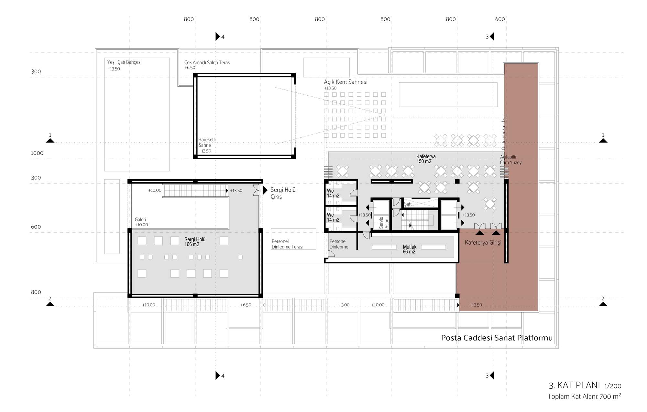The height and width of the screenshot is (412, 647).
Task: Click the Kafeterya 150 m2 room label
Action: pos(426,159)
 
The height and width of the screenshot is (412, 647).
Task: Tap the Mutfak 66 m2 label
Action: pos(410,249)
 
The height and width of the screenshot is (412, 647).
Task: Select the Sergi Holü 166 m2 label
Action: pos(195,242)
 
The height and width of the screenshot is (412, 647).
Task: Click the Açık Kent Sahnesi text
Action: pos(345,82)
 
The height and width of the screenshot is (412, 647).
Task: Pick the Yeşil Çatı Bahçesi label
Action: pos(124,62)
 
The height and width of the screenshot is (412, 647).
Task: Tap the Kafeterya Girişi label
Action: pos(483,243)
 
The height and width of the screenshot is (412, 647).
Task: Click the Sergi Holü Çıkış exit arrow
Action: pos(265,190)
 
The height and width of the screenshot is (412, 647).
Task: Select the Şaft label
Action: pos(408,204)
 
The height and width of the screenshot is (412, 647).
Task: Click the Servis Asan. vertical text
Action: pos(384,223)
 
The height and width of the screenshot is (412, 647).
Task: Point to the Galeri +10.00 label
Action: pos(141,222)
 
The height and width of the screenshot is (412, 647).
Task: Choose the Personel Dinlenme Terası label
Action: pos(288,244)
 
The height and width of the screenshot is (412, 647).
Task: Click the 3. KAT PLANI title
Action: pos(574,386)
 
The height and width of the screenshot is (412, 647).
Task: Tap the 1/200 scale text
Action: pos(613,386)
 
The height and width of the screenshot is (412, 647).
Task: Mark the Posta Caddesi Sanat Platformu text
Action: pos(497,338)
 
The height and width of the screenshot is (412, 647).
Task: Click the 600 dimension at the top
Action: pos(500,19)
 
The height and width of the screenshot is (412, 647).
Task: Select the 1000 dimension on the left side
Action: pos(37,153)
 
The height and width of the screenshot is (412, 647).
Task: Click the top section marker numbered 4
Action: pos(220,37)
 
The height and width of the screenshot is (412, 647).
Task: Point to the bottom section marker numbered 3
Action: pos(490,375)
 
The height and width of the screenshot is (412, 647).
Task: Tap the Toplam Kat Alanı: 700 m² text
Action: pos(584,396)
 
